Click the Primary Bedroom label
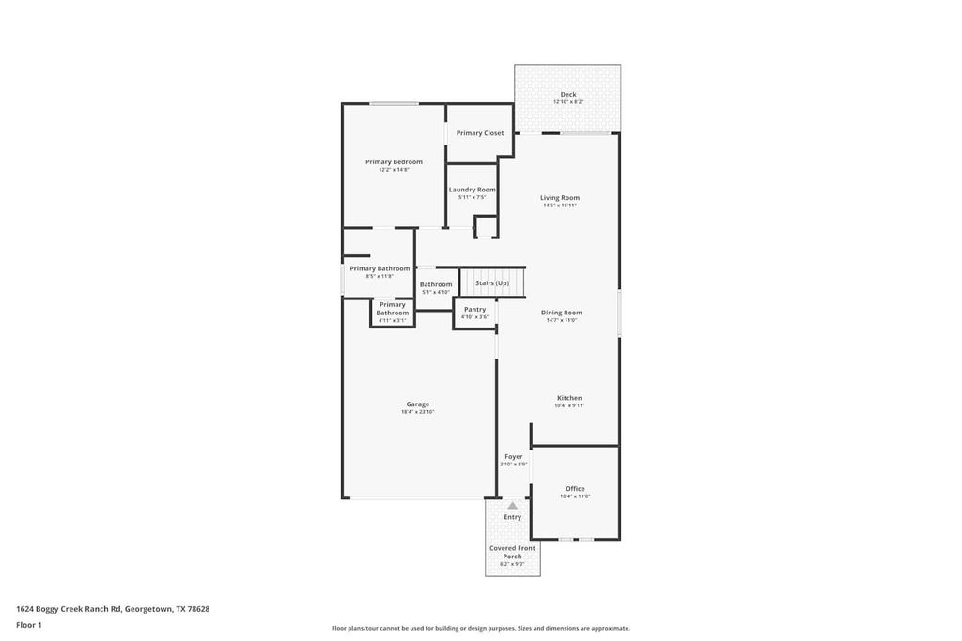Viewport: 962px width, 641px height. tap(394, 162)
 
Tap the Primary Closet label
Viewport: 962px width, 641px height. tap(480, 133)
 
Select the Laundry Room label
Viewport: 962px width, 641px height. tap(472, 190)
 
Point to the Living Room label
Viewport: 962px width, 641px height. tap(560, 198)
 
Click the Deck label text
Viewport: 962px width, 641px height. tap(568, 95)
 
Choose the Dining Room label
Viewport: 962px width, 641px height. tap(562, 313)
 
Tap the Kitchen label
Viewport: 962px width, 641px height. tap(568, 398)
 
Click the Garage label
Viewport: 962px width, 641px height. tap(418, 404)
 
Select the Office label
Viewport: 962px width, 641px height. tap(575, 489)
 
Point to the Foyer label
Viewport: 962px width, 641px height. tap(514, 457)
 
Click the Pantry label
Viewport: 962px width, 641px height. tap(474, 309)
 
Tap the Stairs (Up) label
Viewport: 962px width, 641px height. tap(492, 282)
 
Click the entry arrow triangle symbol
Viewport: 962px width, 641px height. tap(513, 506)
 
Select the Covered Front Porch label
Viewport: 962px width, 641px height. tap(512, 552)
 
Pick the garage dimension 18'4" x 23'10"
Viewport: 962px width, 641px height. tap(418, 412)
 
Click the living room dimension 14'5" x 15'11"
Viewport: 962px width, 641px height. tap(560, 206)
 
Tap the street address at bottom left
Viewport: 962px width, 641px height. tap(113, 609)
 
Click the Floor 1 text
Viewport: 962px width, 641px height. tap(29, 625)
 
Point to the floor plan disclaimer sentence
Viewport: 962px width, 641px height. tap(480, 629)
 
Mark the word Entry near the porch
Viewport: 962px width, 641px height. tap(513, 517)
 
